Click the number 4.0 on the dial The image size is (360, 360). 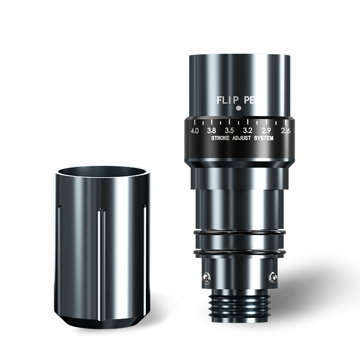[195, 131]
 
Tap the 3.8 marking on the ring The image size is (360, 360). [211, 130]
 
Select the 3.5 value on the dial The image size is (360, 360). [229, 130]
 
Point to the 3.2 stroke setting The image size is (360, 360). [248, 130]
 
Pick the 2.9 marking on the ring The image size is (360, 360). [266, 130]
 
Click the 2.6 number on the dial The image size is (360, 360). [286, 130]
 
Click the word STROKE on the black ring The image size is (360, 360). [220, 138]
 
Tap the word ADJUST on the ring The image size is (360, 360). [242, 138]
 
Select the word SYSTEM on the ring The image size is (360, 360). [264, 138]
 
